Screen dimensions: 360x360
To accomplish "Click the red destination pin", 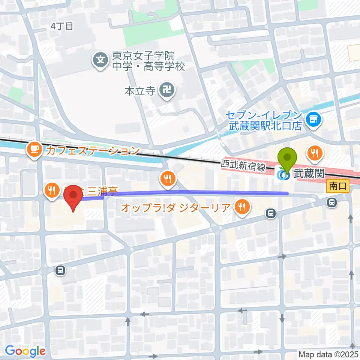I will click(x=73, y=197).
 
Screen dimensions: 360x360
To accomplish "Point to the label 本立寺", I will click(x=139, y=91).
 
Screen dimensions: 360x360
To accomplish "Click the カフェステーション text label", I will click(x=92, y=151).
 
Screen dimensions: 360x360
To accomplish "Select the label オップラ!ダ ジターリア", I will click(x=175, y=207).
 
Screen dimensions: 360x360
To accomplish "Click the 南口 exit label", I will click(x=338, y=186).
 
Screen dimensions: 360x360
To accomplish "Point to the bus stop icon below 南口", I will click(x=331, y=203).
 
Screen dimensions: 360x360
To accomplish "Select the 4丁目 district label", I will click(x=61, y=26).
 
